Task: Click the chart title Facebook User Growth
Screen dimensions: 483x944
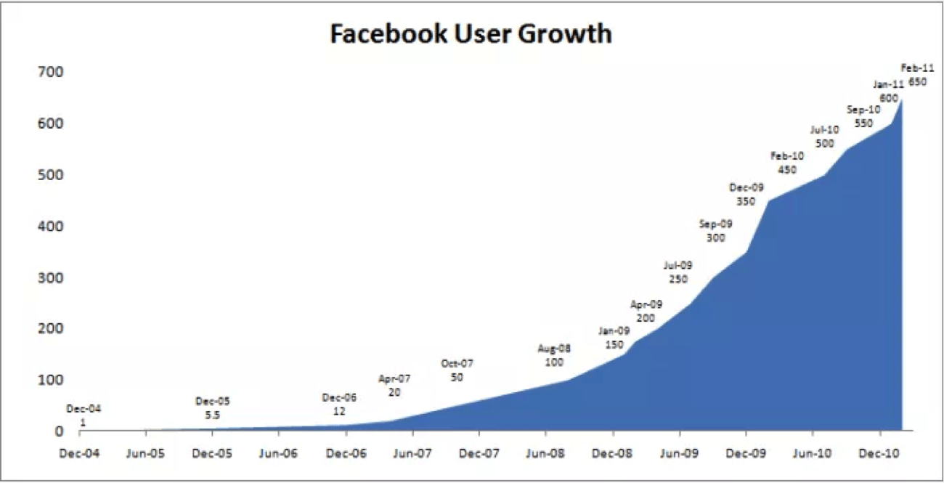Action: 471,33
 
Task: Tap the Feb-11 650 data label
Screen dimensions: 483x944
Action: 917,75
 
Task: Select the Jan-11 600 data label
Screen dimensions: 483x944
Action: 888,91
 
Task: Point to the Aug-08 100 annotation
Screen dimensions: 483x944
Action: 554,355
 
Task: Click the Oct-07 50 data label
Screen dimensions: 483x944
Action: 457,370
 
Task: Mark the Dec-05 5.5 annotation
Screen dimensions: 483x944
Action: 212,408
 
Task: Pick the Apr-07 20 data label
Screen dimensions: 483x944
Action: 394,385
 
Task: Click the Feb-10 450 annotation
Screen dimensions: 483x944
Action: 786,163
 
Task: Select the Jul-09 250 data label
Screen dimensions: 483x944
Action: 678,272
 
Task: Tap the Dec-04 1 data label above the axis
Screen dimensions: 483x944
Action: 84,415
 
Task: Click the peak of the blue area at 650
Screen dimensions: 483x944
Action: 901,100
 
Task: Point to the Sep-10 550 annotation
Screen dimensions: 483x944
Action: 863,116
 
